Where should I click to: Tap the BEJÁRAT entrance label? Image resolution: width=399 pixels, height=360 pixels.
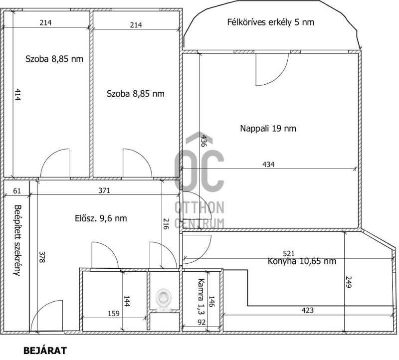point(45,351)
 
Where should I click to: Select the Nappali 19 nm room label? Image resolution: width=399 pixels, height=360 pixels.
point(268,128)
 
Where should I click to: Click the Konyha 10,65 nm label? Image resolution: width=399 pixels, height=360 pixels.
point(302,261)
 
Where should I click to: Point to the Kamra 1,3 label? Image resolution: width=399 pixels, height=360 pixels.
point(201,296)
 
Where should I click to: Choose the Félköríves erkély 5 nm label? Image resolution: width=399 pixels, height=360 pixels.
point(270,22)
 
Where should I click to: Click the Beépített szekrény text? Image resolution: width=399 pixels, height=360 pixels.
point(17,240)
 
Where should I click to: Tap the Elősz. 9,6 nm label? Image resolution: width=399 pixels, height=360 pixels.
point(101,218)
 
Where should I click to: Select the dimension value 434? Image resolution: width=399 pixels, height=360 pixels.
point(268,165)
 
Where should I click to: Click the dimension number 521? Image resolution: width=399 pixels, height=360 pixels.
point(289,253)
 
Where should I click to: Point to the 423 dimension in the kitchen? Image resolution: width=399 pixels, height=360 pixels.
point(307,310)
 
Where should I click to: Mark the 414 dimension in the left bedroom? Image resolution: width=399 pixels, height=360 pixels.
point(17,94)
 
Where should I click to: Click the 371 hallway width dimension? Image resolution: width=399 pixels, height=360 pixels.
point(104,190)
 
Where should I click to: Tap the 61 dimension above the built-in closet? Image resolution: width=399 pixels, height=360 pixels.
point(17,190)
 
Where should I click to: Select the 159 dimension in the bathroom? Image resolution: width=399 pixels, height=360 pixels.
point(114,313)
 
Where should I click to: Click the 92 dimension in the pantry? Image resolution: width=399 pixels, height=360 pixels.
point(201,323)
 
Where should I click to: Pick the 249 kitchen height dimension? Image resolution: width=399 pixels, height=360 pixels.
point(348,282)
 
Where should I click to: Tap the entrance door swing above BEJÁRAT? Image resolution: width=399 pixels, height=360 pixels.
point(46,316)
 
